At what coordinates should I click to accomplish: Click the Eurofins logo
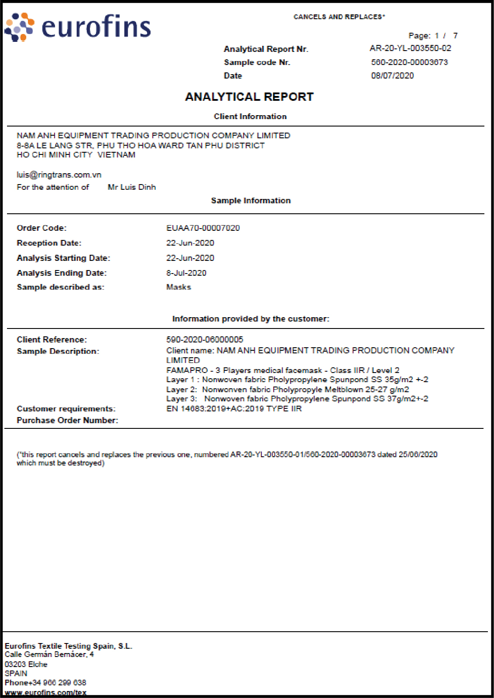point(78,27)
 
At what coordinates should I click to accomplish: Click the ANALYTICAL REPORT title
point(249,97)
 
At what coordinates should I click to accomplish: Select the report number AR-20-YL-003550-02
point(410,48)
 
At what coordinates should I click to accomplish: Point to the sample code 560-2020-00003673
point(409,62)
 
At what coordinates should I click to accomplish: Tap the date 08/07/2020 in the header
point(392,75)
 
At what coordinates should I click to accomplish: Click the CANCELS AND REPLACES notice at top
point(339,17)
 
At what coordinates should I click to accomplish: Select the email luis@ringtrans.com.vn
point(59,175)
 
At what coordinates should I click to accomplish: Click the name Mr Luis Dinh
point(132,187)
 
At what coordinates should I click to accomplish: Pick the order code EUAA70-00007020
point(203,228)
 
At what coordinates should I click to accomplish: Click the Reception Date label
point(49,243)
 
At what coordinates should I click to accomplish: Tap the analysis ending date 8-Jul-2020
point(186,273)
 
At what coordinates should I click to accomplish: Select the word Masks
point(178,287)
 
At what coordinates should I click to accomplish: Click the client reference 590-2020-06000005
point(205,339)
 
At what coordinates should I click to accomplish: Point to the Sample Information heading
point(250,201)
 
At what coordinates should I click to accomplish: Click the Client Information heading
point(250,116)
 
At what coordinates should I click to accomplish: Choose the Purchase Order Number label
point(67,421)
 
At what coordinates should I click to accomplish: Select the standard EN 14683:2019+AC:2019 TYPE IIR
point(234,409)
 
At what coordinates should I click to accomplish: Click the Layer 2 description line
point(288,390)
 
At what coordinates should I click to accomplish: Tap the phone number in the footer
point(45,683)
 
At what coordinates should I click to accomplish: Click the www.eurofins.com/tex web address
point(45,692)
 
